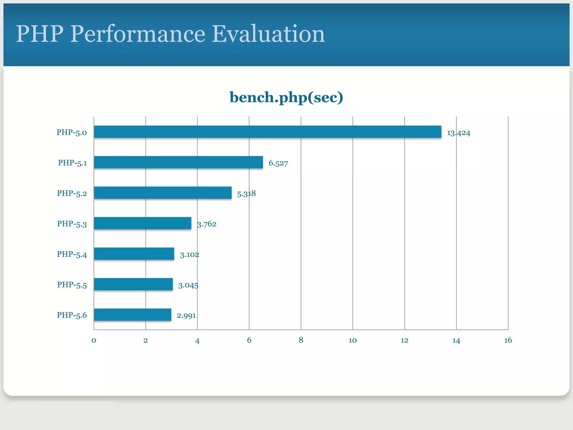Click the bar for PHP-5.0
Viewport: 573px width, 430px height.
click(x=267, y=132)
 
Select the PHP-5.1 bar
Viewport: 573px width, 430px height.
click(x=178, y=162)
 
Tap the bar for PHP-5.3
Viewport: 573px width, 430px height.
click(x=142, y=223)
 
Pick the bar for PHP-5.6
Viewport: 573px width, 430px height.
click(x=132, y=315)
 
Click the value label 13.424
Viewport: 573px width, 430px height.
click(x=458, y=133)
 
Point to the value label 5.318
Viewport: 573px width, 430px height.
click(x=246, y=193)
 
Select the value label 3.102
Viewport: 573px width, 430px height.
click(x=189, y=254)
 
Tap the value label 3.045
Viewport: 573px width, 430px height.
click(x=188, y=285)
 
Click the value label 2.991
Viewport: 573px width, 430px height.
click(x=186, y=316)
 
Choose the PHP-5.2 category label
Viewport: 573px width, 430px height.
click(x=72, y=193)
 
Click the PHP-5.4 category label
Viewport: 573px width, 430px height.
click(x=72, y=254)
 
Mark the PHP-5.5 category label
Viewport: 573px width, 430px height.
click(x=72, y=285)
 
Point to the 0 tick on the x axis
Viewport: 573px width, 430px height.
click(x=94, y=340)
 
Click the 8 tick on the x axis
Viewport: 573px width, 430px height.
click(x=301, y=340)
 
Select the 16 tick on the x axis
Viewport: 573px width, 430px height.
click(x=508, y=340)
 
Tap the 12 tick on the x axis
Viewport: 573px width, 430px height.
click(x=404, y=340)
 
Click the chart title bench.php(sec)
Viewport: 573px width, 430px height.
click(x=286, y=97)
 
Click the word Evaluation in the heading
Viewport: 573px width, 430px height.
click(x=268, y=34)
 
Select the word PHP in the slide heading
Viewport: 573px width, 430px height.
click(x=40, y=34)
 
